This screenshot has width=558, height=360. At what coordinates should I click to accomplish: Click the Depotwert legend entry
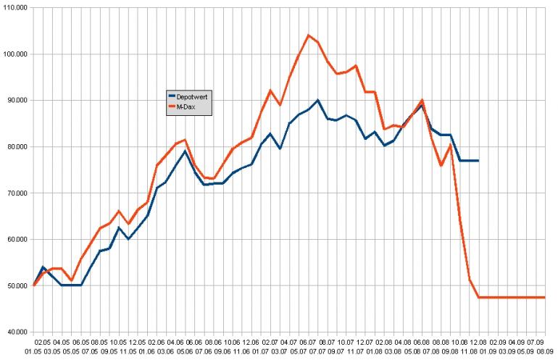pos(193,95)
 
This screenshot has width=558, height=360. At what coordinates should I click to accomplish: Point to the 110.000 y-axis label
pos(14,7)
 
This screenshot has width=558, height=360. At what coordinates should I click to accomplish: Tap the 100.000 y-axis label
pos(14,54)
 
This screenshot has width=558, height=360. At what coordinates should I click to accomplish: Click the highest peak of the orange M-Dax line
pos(309,35)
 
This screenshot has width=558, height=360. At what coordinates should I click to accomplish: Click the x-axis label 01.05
pos(33,353)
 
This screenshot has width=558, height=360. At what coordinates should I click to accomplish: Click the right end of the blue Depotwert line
pos(478,160)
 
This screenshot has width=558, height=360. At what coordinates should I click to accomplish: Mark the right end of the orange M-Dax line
pos(544,297)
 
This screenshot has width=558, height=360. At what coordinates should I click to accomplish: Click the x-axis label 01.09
pos(487,353)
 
